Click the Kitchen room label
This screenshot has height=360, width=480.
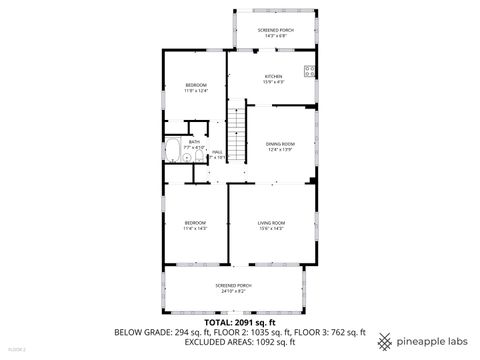273,76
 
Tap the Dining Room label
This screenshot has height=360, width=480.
280,144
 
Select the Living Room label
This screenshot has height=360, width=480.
272,222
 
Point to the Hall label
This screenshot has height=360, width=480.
217,152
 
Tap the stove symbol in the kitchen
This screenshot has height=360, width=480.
309,71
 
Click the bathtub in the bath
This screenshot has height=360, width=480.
172,152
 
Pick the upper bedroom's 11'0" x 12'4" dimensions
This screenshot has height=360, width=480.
196,91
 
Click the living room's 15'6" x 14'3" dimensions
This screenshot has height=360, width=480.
272,229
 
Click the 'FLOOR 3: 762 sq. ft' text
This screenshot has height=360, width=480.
330,332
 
